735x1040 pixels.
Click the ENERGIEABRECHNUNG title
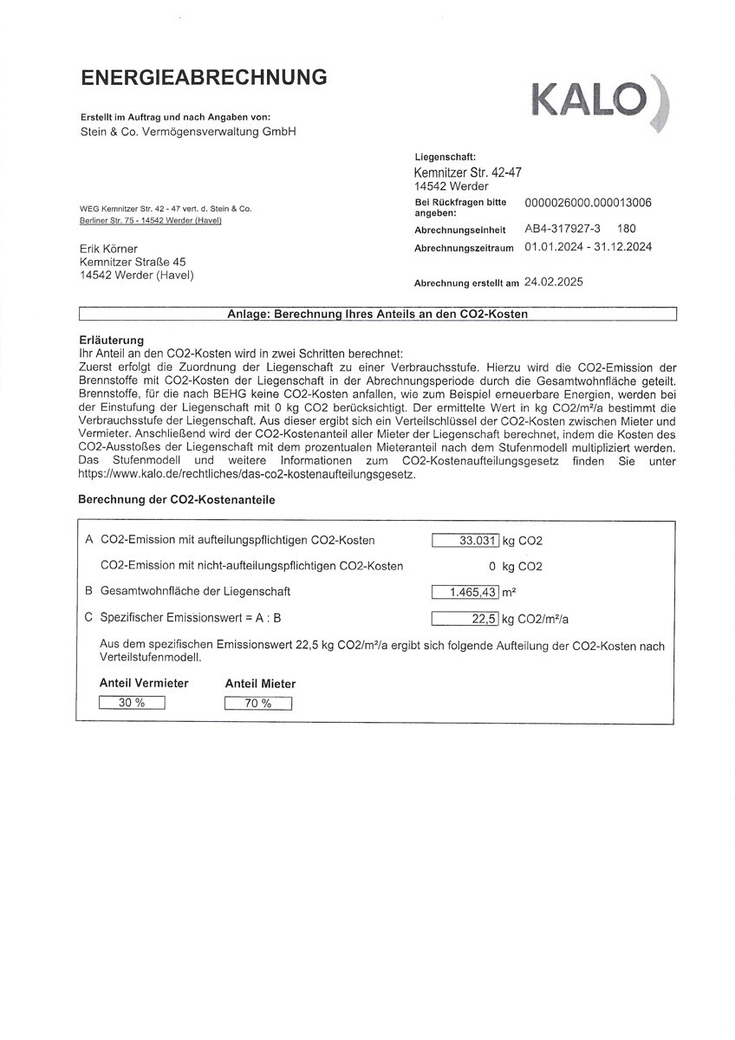click(x=204, y=78)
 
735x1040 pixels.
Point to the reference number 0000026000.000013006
click(x=589, y=203)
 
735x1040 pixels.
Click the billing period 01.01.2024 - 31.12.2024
click(x=589, y=247)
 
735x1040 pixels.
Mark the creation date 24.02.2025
click(x=555, y=283)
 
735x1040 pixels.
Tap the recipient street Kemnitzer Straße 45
click(x=133, y=262)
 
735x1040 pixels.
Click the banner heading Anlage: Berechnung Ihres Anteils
click(x=377, y=314)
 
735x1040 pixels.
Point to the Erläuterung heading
click(x=111, y=341)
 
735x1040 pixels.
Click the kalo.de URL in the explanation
click(x=247, y=475)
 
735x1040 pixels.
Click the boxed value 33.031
click(x=465, y=541)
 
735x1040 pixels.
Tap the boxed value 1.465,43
click(x=465, y=592)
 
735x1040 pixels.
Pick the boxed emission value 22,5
click(x=465, y=619)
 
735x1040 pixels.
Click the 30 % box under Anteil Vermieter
click(x=132, y=703)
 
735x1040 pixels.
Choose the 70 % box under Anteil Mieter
click(x=257, y=704)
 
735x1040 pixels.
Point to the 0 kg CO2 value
click(x=516, y=567)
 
